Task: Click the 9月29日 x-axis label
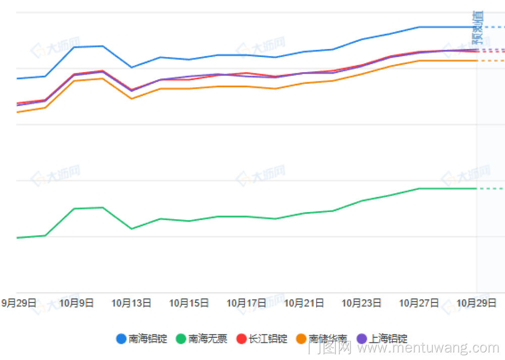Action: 19,303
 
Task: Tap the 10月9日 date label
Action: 76,303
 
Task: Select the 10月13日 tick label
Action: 131,303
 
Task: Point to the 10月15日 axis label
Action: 189,303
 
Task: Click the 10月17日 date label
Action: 246,303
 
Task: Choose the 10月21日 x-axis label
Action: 304,303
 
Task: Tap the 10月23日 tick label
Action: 362,303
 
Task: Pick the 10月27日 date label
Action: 419,303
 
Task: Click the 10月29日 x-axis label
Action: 476,303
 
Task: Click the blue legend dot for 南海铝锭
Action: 121,339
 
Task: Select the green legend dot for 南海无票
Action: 181,339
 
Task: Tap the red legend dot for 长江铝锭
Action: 241,339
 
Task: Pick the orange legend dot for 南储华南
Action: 301,339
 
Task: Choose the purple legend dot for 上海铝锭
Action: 362,339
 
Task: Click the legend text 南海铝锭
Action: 147,339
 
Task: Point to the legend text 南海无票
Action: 208,339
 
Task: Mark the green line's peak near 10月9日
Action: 103,208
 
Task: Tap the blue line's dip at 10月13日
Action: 131,67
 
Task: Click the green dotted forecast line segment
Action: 490,188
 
